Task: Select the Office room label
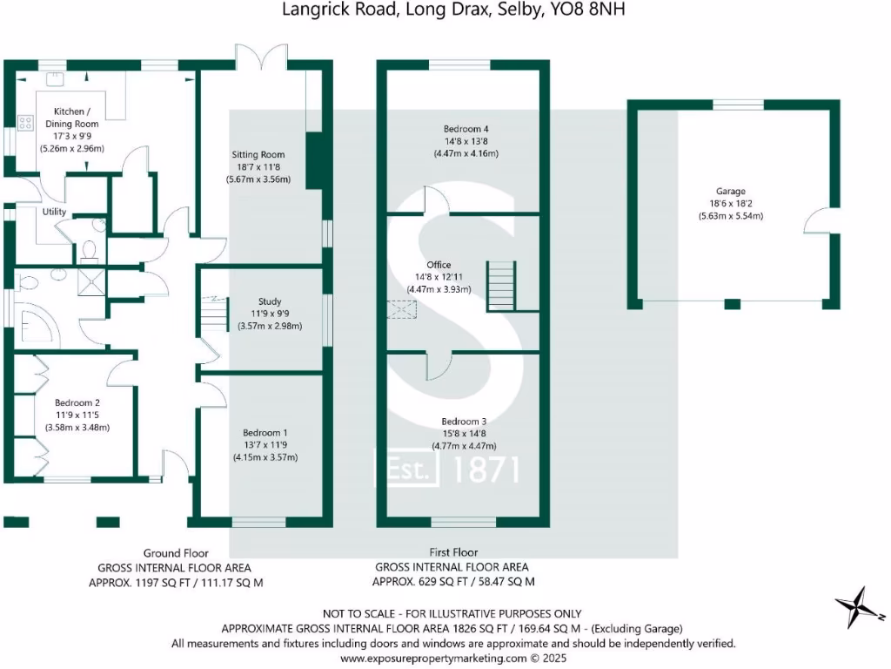coord(439,265)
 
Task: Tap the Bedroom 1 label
coord(265,433)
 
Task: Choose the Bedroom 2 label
coord(77,402)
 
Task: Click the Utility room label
coord(54,212)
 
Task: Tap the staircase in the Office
coord(499,285)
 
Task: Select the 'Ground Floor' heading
coord(176,552)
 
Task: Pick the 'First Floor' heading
coord(453,552)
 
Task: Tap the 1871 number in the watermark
coord(487,470)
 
